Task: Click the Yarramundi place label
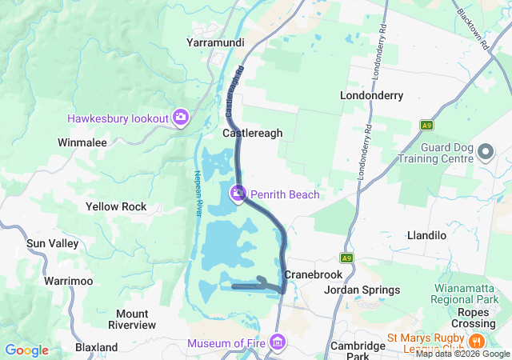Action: [214, 42]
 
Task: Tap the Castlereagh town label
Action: [252, 134]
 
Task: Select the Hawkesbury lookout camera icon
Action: [181, 118]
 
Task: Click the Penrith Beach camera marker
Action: [238, 194]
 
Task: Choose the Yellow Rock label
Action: [116, 206]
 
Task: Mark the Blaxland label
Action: [97, 347]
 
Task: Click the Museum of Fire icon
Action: [278, 344]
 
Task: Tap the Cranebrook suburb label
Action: [313, 274]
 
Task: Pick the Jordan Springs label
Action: [362, 290]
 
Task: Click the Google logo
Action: [27, 350]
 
